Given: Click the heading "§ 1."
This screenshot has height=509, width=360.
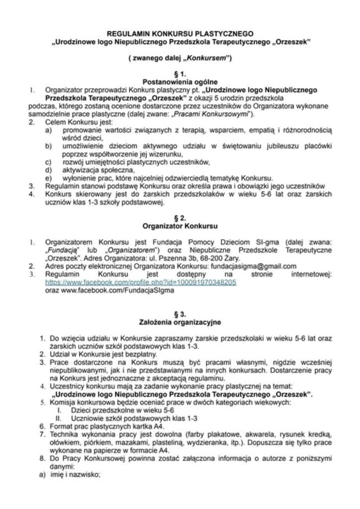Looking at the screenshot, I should pyautogui.click(x=180, y=74).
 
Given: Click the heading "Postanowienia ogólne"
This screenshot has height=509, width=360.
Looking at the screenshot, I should pyautogui.click(x=180, y=82).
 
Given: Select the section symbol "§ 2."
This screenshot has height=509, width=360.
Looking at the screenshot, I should pyautogui.click(x=180, y=218).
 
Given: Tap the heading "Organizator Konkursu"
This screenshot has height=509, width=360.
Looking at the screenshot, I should pyautogui.click(x=180, y=226).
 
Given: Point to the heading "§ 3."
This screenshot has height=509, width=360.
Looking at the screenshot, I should pyautogui.click(x=180, y=314).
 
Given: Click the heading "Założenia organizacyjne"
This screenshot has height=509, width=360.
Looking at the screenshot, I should pyautogui.click(x=180, y=322).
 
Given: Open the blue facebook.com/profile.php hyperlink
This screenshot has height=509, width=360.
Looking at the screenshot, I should pyautogui.click(x=141, y=282).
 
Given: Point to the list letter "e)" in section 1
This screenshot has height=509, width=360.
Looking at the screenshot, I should pyautogui.click(x=48, y=178).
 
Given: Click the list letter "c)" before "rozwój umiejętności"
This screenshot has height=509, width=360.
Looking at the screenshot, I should pyautogui.click(x=48, y=162).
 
